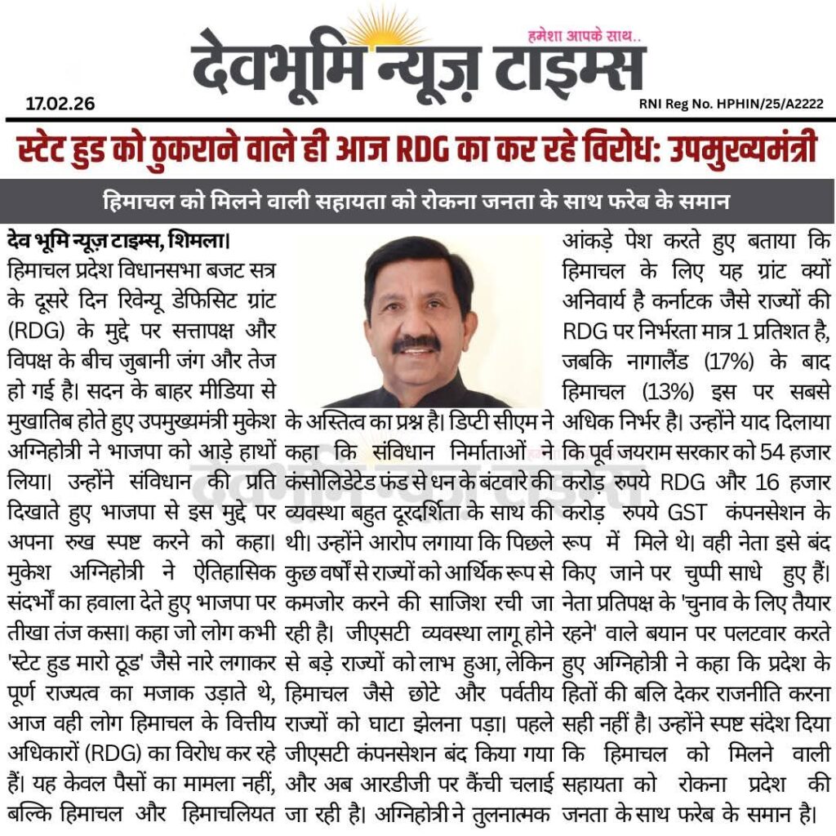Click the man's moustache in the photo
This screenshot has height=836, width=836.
pos(416,345)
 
